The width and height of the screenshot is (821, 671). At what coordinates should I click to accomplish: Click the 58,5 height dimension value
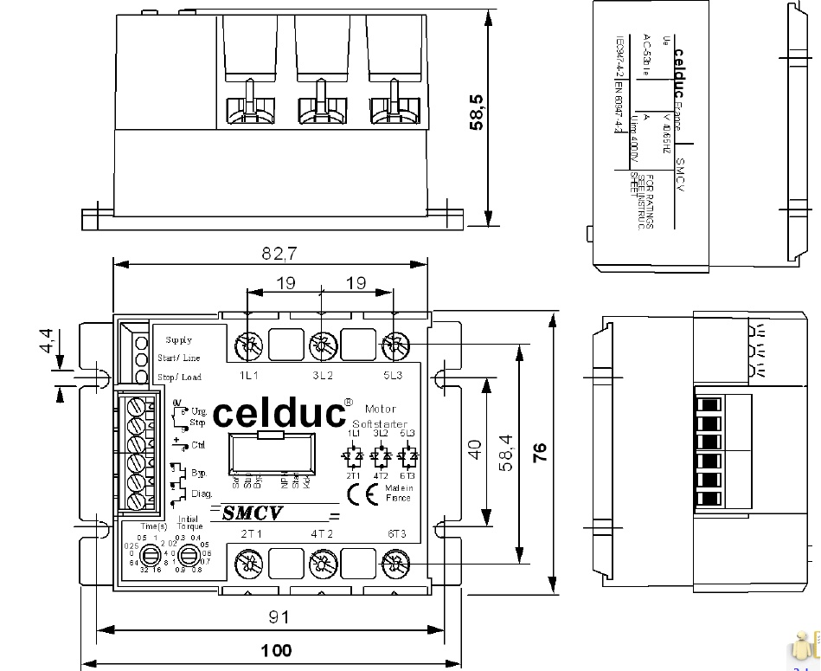(x=476, y=112)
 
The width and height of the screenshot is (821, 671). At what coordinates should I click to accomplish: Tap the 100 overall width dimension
(x=276, y=649)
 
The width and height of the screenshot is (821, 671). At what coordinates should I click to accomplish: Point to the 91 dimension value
(x=278, y=616)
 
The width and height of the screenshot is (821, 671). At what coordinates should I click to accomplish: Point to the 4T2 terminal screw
(x=321, y=566)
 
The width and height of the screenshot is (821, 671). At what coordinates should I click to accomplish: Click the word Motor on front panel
(x=380, y=408)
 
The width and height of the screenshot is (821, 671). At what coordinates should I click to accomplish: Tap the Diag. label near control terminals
(x=201, y=494)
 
